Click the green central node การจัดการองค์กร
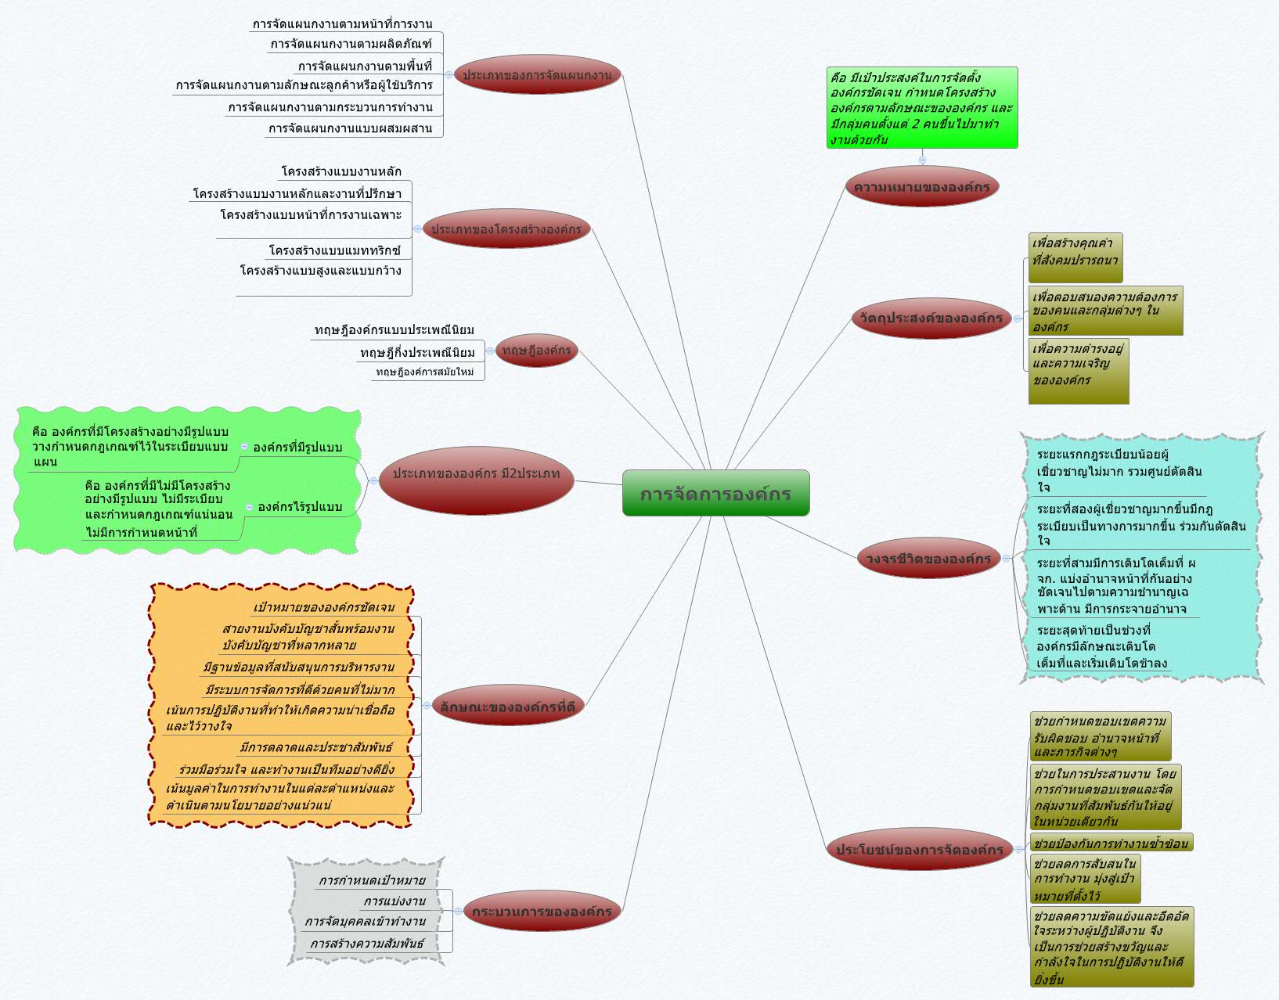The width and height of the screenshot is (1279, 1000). (715, 493)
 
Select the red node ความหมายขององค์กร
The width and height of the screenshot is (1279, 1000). (921, 187)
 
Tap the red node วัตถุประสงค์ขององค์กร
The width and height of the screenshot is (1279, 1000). (931, 318)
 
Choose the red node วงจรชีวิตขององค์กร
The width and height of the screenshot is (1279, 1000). (928, 559)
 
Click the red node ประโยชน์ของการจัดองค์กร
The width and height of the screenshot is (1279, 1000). (919, 849)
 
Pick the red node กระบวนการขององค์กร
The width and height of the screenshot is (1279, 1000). (542, 911)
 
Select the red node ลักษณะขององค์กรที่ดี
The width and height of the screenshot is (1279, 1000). (507, 707)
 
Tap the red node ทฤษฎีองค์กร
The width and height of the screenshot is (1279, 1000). (536, 350)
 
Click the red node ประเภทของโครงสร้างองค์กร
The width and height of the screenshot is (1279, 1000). (506, 228)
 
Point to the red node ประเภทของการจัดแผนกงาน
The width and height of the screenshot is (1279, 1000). (537, 75)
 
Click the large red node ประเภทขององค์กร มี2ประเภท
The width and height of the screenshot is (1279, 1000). (476, 473)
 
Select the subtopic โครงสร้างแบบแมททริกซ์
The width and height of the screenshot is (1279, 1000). (334, 250)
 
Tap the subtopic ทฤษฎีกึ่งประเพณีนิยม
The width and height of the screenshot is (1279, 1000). (417, 352)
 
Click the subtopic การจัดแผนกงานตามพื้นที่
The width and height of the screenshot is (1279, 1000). (365, 66)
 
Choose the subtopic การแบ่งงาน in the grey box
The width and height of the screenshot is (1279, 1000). (395, 901)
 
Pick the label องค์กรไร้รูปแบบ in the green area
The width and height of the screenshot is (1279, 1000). (300, 506)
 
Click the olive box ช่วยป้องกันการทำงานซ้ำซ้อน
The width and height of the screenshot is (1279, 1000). (1110, 843)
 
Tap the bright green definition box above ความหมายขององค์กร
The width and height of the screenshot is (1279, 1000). (921, 108)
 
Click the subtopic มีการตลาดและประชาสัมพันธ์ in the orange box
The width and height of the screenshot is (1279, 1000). (315, 747)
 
